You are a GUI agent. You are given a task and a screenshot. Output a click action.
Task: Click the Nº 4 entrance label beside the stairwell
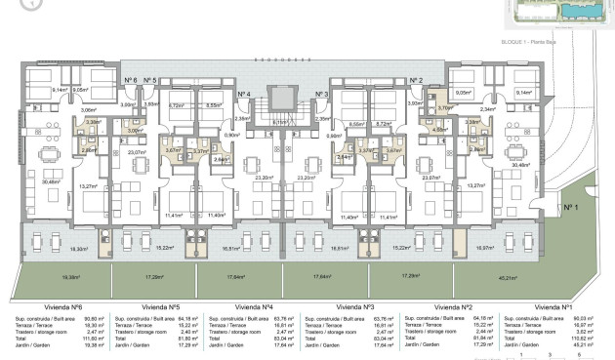pos(245,94)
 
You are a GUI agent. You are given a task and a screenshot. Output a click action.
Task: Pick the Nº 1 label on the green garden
pos(570,207)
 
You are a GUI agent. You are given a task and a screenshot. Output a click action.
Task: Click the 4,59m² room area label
pos(439,128)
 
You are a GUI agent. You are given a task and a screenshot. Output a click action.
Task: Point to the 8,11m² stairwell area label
pos(280,122)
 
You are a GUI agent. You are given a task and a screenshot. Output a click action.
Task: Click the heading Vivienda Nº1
pos(553,305)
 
